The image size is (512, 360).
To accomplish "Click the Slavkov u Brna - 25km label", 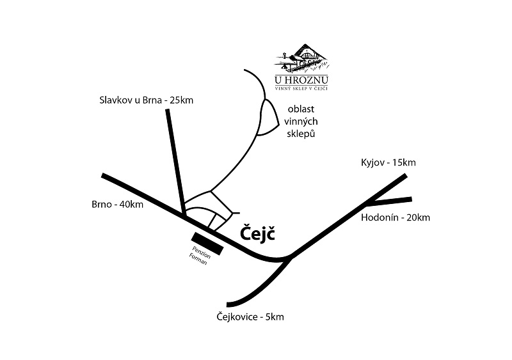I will click(x=146, y=100).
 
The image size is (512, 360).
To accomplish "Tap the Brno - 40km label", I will click(x=117, y=205).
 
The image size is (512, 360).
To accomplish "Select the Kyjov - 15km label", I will click(x=388, y=162).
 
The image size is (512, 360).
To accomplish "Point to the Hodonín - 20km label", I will click(x=396, y=217).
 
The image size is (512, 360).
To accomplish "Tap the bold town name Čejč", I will click(x=257, y=234).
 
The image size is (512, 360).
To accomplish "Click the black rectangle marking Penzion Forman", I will click(x=207, y=244).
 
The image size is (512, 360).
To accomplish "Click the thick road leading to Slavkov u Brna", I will click(x=173, y=160).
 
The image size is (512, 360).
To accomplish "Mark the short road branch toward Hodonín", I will click(x=387, y=201).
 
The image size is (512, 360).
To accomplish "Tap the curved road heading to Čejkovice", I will click(x=259, y=291).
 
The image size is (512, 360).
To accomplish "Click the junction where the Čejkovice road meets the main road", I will click(x=289, y=258).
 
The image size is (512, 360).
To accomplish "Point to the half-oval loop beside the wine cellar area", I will click(x=269, y=119).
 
